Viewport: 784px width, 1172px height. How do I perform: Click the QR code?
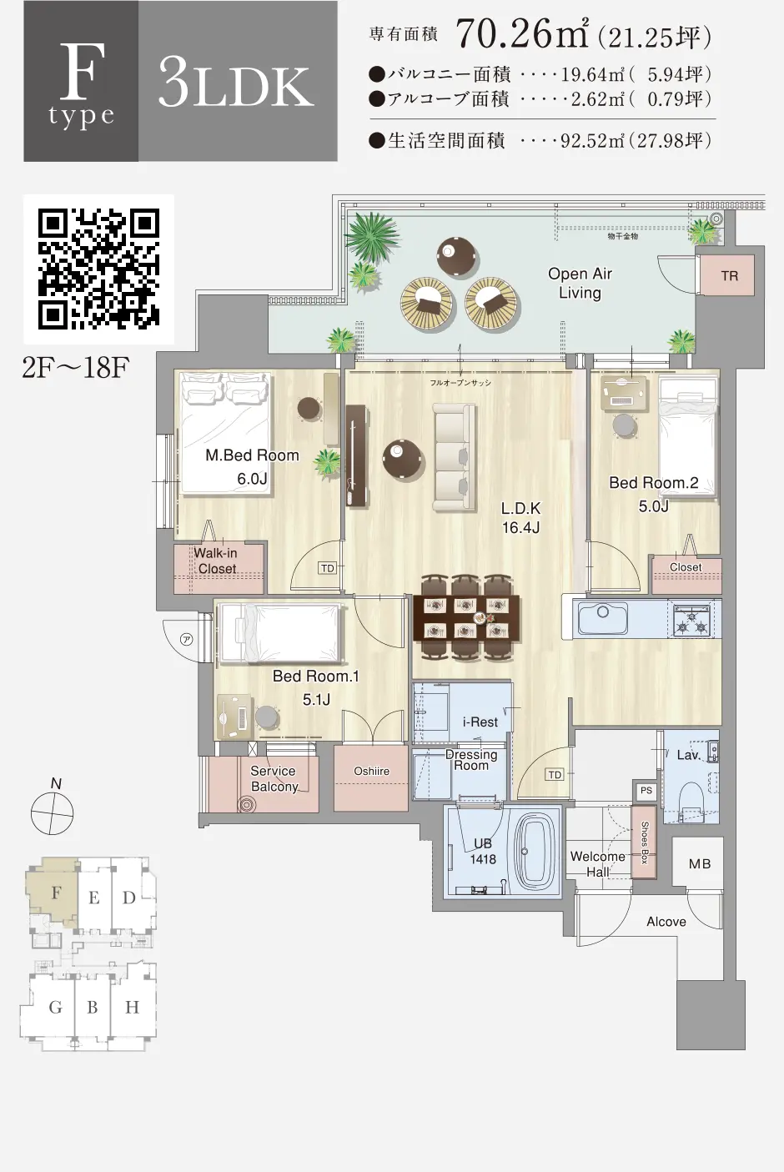(99, 269)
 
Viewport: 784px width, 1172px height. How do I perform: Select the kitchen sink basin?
(602, 618)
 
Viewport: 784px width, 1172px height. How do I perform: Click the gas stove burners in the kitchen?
(691, 620)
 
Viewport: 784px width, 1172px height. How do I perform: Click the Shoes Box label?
(645, 843)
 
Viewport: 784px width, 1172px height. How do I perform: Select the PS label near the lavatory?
(646, 790)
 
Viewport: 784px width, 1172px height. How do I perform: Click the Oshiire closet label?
(371, 772)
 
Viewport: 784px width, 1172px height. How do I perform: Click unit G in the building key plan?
(55, 1007)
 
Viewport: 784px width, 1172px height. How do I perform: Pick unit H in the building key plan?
(133, 1007)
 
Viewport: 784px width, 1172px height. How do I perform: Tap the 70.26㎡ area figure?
(522, 33)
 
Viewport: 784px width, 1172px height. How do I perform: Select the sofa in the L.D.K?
(454, 457)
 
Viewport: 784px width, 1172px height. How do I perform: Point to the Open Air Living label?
(580, 283)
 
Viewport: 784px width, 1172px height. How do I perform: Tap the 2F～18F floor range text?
(75, 368)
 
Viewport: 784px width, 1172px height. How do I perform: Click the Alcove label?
(666, 922)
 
